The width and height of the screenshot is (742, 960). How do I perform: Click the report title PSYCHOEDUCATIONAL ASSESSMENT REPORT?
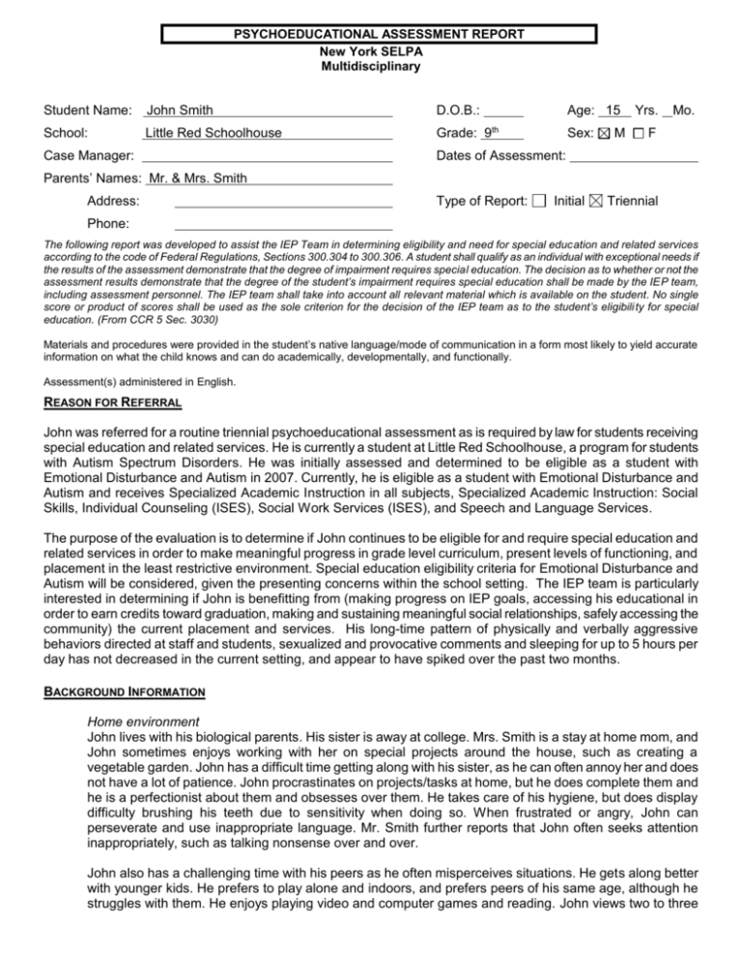point(379,35)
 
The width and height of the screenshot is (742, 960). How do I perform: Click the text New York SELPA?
point(378,51)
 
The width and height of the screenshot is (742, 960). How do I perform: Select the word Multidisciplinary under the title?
point(378,67)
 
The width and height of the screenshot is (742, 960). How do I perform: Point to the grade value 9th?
point(503,133)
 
